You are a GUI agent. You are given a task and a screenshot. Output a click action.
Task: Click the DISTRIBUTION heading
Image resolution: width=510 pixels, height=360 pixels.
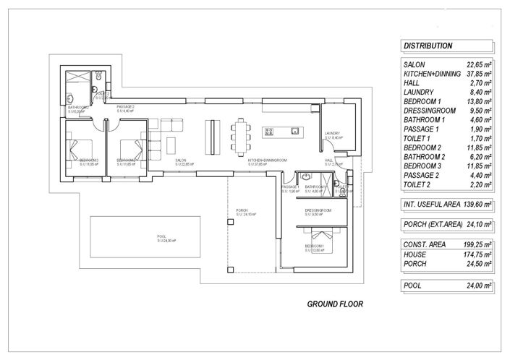428,46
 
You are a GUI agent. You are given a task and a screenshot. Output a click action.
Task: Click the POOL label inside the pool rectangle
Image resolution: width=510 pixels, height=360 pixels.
161,237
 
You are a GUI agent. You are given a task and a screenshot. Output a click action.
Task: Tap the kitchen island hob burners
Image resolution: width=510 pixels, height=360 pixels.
269,132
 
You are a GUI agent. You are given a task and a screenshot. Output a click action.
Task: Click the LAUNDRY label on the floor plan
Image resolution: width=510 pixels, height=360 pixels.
333,134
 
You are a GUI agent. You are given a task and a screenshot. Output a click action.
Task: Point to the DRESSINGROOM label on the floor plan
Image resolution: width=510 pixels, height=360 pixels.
317,210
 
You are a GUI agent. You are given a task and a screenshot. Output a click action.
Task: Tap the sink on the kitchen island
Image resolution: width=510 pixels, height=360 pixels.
294,132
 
